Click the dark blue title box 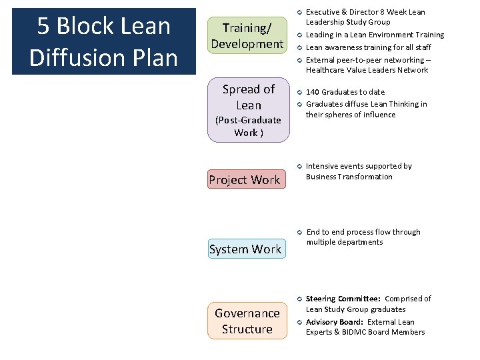click(x=103, y=41)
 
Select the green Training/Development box click(x=247, y=36)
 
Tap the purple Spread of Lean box click(x=248, y=111)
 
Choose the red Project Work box click(x=245, y=179)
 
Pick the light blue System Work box click(x=245, y=249)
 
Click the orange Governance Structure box click(x=247, y=321)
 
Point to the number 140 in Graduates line click(x=313, y=92)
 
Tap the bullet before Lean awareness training click(x=300, y=47)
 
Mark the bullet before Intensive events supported click(x=300, y=166)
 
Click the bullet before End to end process click(x=300, y=232)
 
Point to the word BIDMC click(x=368, y=332)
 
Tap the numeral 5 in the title click(x=43, y=27)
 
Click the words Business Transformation click(x=349, y=177)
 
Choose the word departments click(x=361, y=242)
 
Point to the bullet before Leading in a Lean click(x=300, y=35)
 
